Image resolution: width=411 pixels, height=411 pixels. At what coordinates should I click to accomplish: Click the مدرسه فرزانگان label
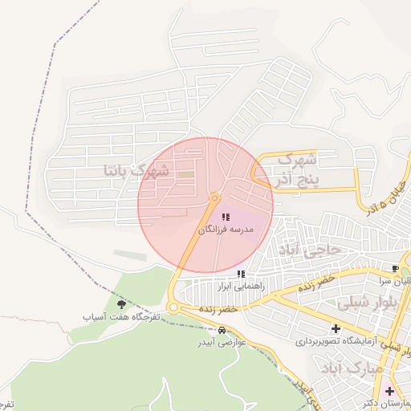click(226, 230)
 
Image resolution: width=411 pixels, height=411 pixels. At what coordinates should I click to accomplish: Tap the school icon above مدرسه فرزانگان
click(226, 217)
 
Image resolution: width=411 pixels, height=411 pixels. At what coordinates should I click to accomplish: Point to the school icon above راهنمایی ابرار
click(241, 274)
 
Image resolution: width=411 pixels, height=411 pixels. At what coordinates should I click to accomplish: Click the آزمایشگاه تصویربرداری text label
click(335, 340)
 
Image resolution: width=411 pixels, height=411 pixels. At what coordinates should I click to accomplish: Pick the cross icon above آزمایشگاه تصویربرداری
click(336, 328)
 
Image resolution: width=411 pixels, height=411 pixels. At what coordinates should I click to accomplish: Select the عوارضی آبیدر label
click(221, 342)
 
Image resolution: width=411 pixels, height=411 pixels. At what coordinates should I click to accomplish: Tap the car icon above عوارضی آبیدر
click(221, 330)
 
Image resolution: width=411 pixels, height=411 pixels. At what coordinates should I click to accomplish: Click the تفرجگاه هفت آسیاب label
click(122, 317)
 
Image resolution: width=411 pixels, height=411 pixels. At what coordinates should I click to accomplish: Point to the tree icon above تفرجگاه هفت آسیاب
click(121, 304)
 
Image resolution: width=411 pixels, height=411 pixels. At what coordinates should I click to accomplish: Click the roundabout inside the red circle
click(214, 197)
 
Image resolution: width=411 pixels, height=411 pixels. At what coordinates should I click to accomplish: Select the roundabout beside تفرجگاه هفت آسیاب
click(173, 307)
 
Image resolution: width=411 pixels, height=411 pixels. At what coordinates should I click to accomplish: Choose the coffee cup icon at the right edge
click(395, 267)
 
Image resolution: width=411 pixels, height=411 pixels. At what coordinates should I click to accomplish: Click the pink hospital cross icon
click(389, 390)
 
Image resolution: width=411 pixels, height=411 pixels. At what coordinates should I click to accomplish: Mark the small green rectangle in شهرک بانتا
click(185, 174)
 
